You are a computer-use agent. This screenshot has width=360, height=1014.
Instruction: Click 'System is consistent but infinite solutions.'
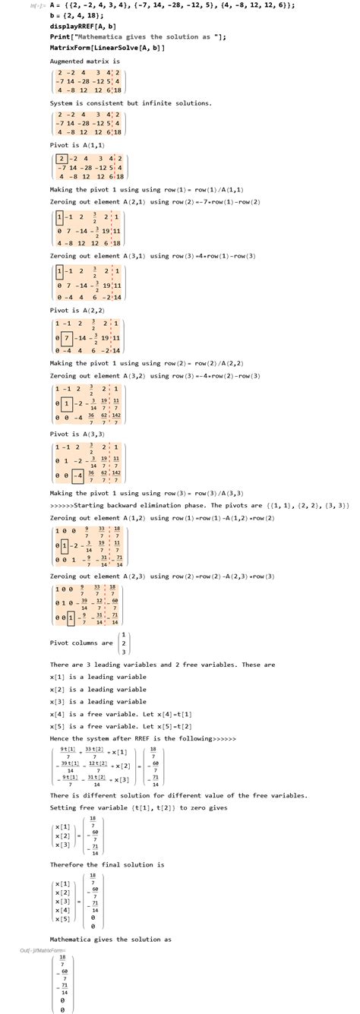point(131,103)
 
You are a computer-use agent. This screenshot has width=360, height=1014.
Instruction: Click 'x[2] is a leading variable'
point(98,689)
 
